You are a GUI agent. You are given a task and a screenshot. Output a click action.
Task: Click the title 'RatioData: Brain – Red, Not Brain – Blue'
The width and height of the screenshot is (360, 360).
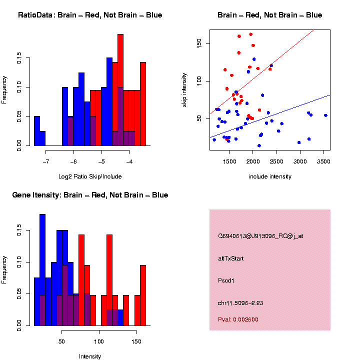[x=90, y=15]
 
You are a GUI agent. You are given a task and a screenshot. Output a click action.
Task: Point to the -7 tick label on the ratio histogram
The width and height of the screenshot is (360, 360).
[x=45, y=161]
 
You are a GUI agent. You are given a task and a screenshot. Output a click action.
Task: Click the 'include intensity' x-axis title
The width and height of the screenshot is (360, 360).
[x=269, y=176]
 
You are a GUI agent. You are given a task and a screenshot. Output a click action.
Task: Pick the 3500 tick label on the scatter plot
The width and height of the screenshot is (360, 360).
[x=323, y=161]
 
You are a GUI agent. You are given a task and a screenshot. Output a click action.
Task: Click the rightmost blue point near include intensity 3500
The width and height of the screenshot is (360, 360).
[x=325, y=115]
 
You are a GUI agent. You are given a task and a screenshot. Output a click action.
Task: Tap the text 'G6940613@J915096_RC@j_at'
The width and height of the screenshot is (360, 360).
[x=260, y=236]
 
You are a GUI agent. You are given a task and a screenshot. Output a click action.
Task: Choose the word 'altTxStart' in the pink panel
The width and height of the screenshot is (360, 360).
[x=231, y=258]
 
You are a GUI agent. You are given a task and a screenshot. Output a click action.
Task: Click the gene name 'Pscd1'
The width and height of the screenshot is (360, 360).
[x=226, y=280]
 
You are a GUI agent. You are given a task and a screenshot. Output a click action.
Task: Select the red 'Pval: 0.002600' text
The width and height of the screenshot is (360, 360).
[x=238, y=319]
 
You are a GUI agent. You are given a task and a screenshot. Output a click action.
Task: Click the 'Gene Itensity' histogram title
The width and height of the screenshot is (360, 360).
[x=90, y=195]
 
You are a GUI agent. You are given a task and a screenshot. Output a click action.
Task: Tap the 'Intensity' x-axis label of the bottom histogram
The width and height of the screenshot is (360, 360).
[x=90, y=356]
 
